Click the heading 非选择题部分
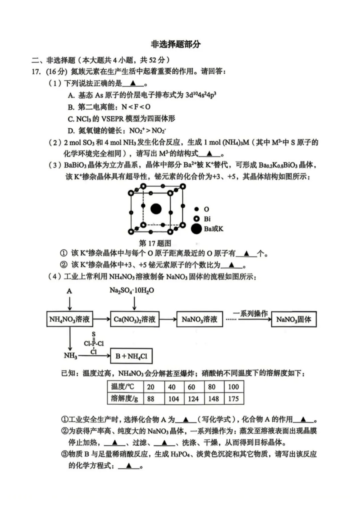point(176,44)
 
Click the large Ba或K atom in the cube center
point(156,209)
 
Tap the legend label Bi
point(207,219)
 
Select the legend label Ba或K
point(214,229)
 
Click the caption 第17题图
point(155,243)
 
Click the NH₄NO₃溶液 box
point(69,319)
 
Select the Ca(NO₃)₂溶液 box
point(134,319)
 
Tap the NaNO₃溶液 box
point(199,319)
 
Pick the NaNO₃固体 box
point(293,319)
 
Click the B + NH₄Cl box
point(131,356)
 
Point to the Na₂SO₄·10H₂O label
point(132,290)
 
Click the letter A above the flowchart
point(69,291)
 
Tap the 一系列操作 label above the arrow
point(250,313)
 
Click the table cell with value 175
point(233,399)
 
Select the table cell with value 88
point(151,399)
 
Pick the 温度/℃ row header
point(123,387)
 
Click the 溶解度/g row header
point(124,399)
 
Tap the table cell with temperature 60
point(192,387)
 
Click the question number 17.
point(36,72)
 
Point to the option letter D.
point(71,131)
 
